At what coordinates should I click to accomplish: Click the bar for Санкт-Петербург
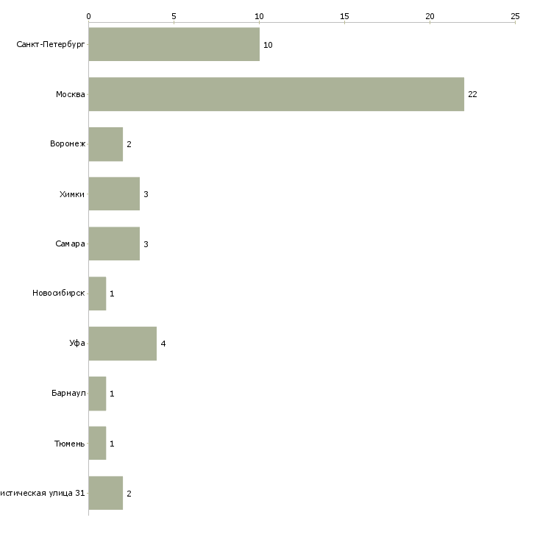(174, 45)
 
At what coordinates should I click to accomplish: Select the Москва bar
(276, 94)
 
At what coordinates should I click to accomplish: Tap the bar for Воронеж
(105, 144)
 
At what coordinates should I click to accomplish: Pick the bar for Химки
(114, 194)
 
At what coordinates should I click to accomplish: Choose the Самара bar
(114, 243)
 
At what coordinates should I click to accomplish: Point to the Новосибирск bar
(97, 294)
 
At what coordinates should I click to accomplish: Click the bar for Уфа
(122, 344)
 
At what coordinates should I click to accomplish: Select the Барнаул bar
(97, 394)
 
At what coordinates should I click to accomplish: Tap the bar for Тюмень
(97, 444)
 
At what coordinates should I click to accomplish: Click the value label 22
(472, 95)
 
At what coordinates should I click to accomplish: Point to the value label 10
(268, 46)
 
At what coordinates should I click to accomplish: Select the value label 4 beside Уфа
(163, 344)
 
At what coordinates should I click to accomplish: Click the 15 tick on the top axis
(344, 15)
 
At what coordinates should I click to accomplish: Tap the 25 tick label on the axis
(515, 15)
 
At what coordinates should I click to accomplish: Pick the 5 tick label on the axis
(174, 15)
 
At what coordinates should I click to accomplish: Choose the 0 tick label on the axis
(88, 15)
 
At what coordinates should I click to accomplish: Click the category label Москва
(71, 95)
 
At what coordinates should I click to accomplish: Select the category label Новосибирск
(59, 294)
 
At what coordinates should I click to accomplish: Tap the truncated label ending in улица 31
(42, 494)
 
